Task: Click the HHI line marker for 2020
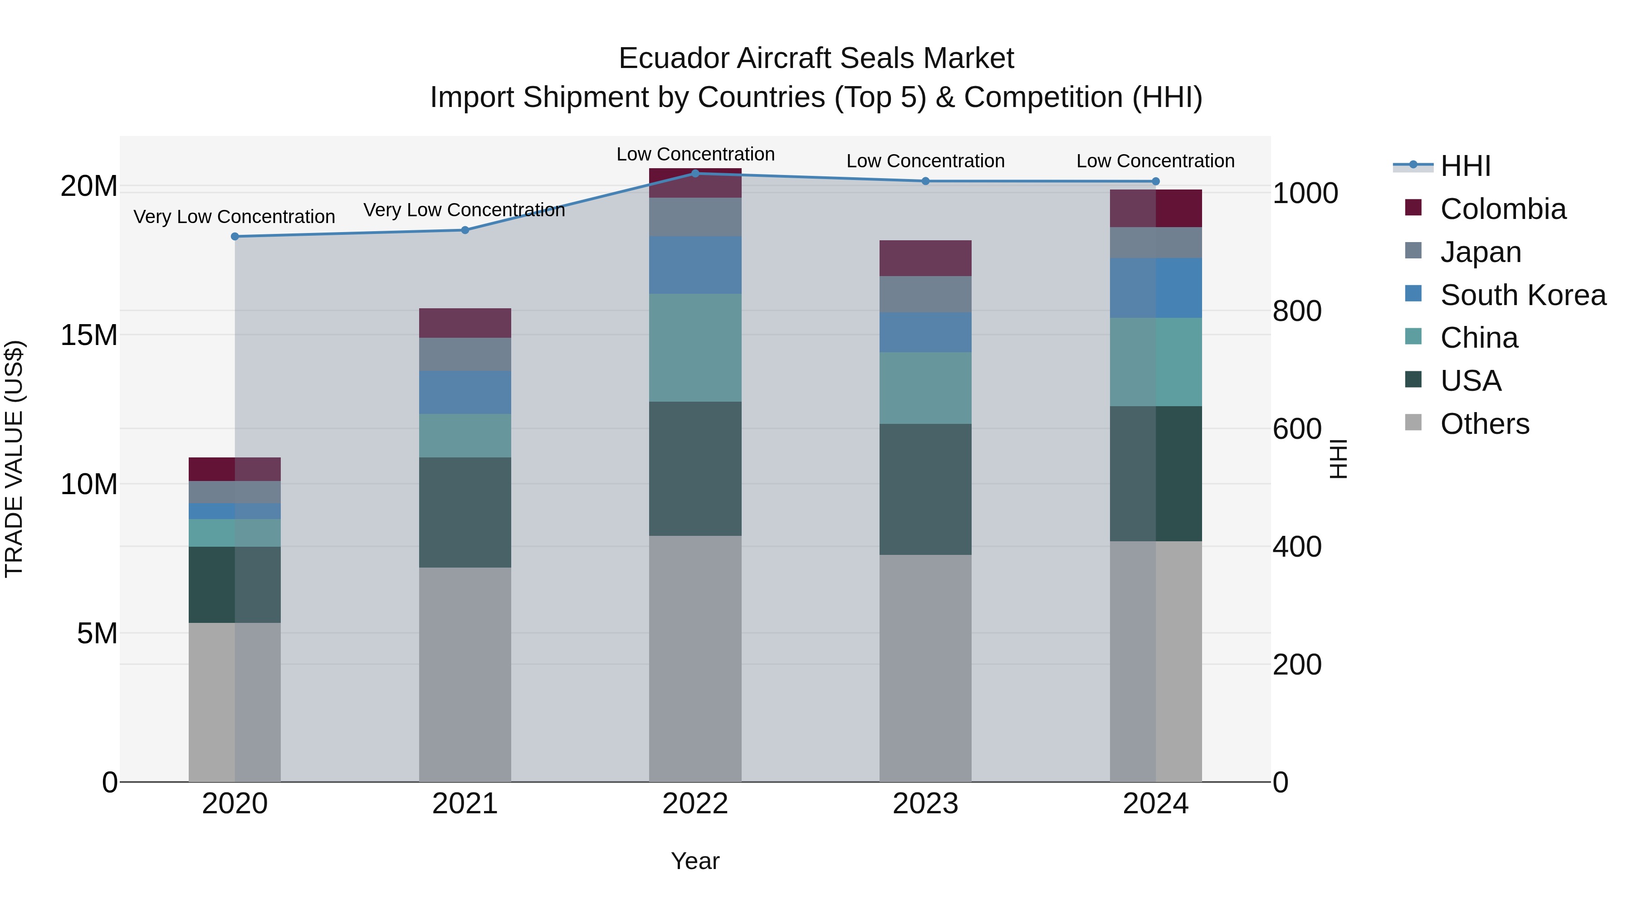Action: click(x=235, y=236)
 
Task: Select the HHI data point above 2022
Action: click(x=695, y=173)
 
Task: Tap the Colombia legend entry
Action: click(x=1502, y=209)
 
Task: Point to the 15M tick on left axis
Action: click(x=89, y=335)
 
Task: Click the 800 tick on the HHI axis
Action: click(x=1296, y=311)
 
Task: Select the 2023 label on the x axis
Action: click(x=925, y=804)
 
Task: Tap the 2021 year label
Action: click(x=464, y=804)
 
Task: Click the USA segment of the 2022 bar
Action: click(x=695, y=469)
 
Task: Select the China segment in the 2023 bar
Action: click(x=925, y=388)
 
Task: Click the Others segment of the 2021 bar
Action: click(x=464, y=674)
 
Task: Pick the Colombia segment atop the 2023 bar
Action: click(x=925, y=258)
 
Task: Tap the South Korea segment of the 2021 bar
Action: click(x=464, y=392)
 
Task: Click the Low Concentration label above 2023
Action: click(x=925, y=161)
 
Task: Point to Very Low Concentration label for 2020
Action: click(x=234, y=217)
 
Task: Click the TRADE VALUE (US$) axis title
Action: click(x=14, y=459)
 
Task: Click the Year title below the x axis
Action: click(x=695, y=861)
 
